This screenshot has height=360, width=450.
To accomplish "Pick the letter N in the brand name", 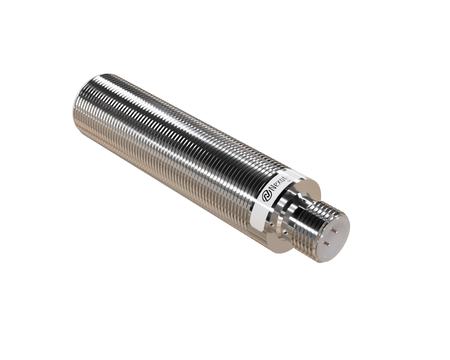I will [276, 183].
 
